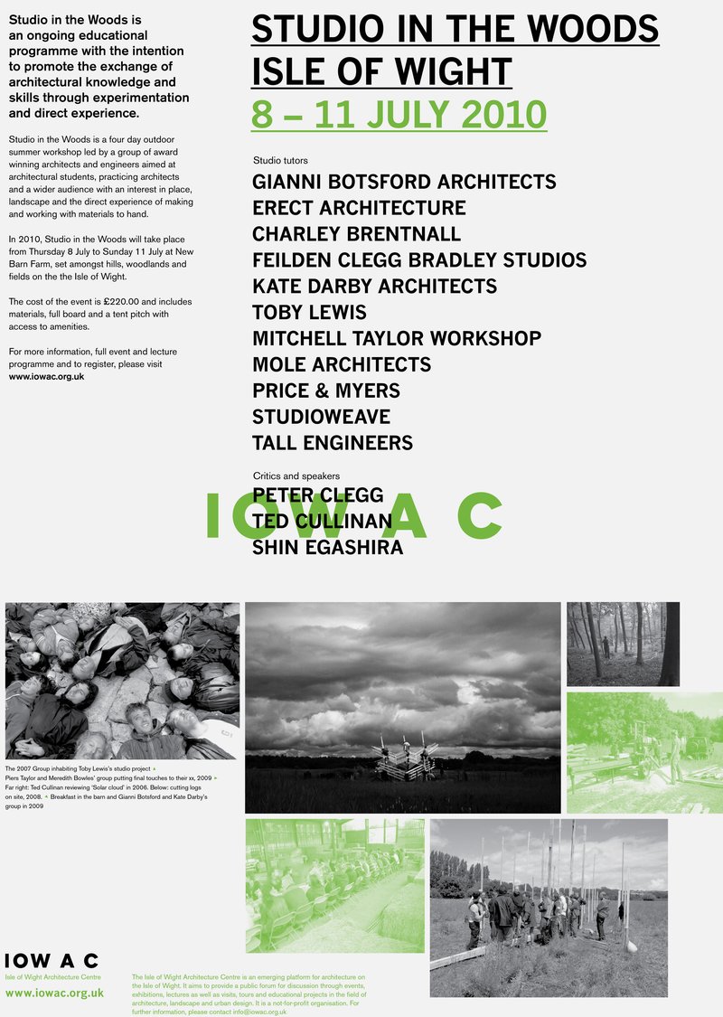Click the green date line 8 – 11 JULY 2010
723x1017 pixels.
(x=399, y=115)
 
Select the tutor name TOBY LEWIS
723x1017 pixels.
(x=309, y=313)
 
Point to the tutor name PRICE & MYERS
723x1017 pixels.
(x=326, y=391)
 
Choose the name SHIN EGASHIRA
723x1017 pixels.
(x=327, y=548)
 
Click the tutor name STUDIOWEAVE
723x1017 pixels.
(x=321, y=418)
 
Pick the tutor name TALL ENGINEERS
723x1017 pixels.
(x=333, y=444)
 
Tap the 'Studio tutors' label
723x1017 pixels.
(x=281, y=160)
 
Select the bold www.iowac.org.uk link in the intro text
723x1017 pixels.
(x=46, y=375)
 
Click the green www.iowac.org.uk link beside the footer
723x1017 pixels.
(x=54, y=993)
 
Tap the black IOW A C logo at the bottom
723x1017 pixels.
(x=52, y=961)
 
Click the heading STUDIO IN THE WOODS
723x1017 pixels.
(x=455, y=29)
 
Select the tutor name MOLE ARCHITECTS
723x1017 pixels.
(x=342, y=365)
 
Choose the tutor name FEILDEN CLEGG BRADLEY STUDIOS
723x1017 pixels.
(x=419, y=260)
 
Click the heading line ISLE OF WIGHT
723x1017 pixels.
(x=381, y=71)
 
